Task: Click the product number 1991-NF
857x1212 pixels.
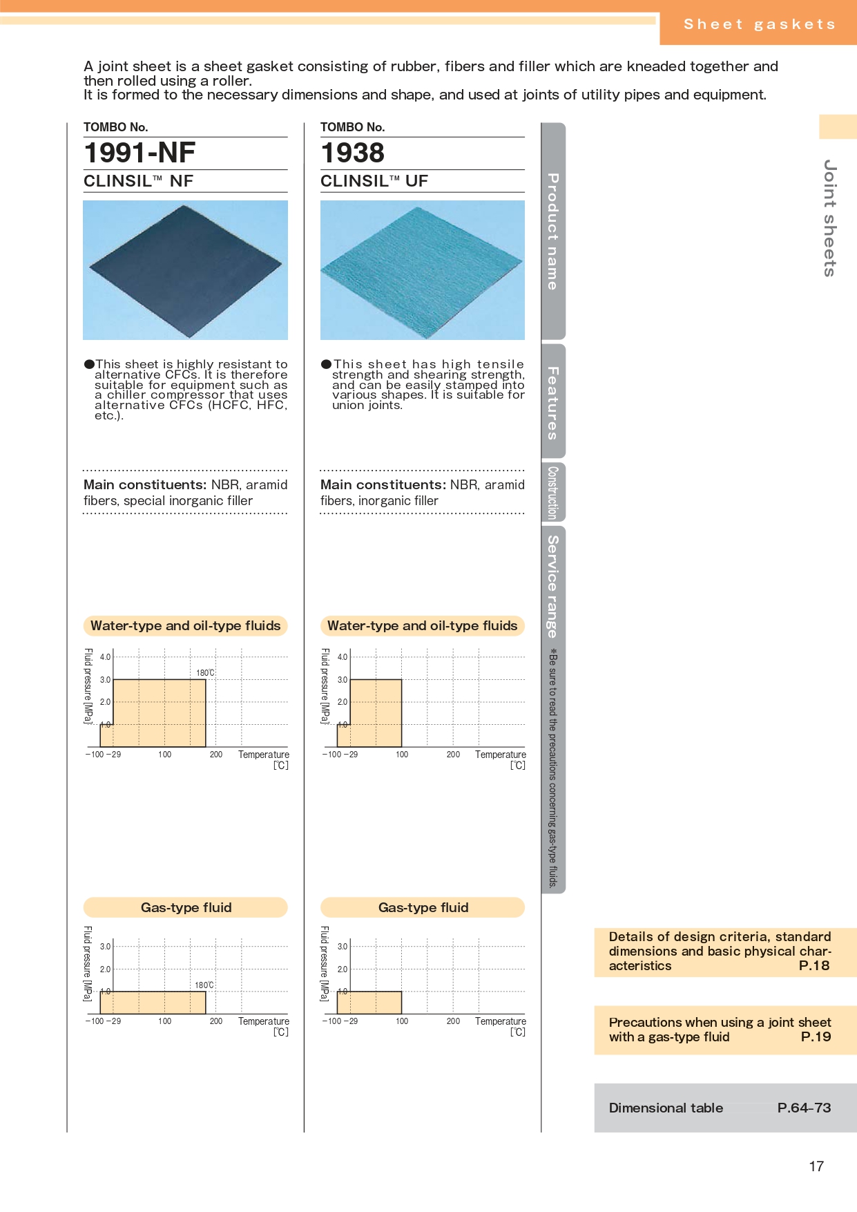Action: pos(139,153)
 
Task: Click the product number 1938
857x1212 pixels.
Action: pos(352,153)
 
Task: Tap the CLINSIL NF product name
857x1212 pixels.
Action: pos(138,181)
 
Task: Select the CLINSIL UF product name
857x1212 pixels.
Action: pos(374,181)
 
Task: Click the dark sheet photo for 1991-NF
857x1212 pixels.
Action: pos(185,270)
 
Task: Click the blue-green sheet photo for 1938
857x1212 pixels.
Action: pos(422,270)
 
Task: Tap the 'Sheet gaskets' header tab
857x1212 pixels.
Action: pos(759,24)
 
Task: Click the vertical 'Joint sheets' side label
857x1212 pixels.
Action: pos(830,218)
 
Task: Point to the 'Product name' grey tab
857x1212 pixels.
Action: pos(553,231)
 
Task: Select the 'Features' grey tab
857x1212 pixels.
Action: pos(553,402)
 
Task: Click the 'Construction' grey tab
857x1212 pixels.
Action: pos(553,492)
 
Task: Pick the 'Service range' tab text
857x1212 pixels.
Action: pos(553,586)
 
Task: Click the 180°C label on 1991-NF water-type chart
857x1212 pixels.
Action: pos(205,673)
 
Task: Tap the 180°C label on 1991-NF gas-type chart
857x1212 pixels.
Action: pos(204,985)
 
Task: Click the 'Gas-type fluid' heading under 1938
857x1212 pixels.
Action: pos(423,907)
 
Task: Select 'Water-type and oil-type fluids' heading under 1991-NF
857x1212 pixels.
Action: pos(185,625)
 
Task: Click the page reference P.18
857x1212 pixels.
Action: pos(813,966)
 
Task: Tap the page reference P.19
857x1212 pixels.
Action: pos(816,1036)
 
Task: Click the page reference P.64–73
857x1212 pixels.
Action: pos(804,1108)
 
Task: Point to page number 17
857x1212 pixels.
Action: pos(816,1166)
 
